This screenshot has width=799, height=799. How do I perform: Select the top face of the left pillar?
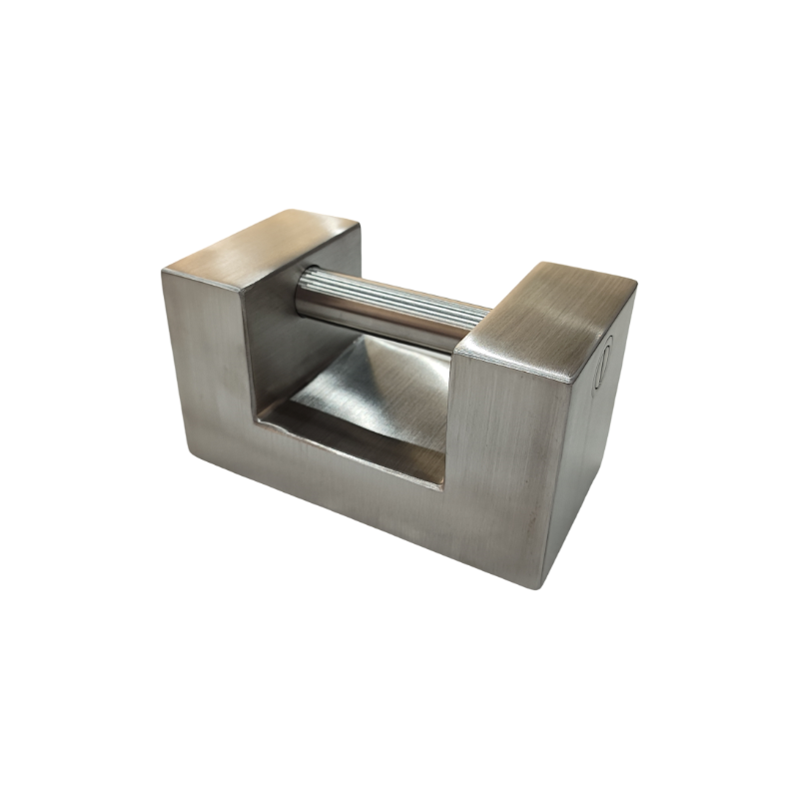point(262,239)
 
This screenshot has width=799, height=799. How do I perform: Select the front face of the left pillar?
point(205,350)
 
